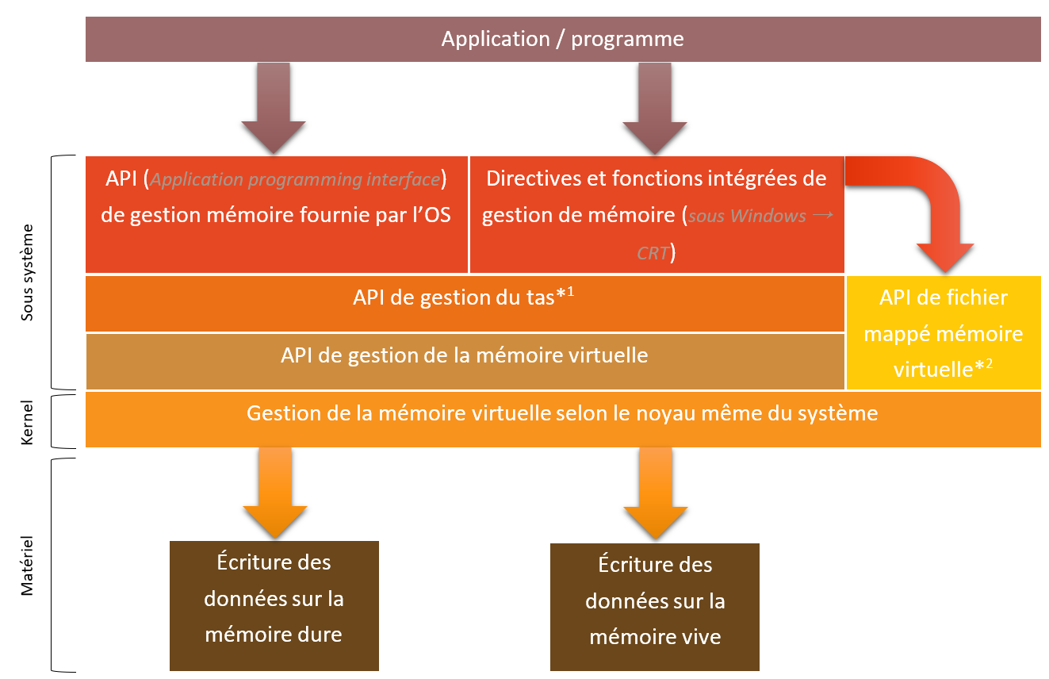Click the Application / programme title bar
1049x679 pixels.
click(562, 40)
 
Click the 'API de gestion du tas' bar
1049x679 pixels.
click(464, 298)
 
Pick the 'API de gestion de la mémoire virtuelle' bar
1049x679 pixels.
click(464, 355)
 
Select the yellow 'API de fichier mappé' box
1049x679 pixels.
click(944, 333)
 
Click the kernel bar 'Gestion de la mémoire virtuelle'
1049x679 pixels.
click(562, 413)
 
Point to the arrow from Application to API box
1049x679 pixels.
click(274, 107)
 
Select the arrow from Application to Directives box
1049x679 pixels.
click(655, 107)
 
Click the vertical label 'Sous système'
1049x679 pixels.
click(28, 272)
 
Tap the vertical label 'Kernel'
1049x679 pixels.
click(28, 423)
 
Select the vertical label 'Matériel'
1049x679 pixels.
click(28, 565)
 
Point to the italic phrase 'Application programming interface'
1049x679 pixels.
click(295, 180)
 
